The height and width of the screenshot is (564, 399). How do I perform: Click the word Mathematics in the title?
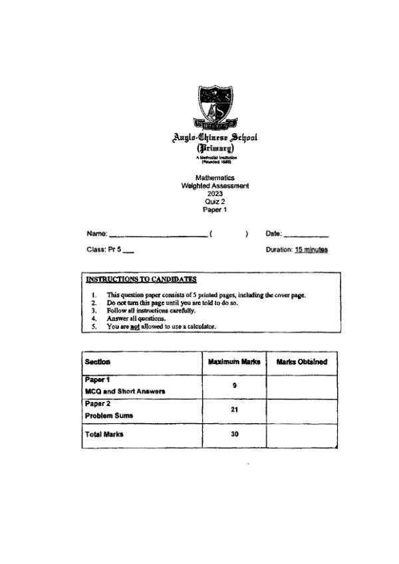click(214, 179)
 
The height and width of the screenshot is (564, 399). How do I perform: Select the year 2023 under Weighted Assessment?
click(214, 193)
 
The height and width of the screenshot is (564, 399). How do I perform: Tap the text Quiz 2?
click(214, 201)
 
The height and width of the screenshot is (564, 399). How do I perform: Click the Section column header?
click(98, 362)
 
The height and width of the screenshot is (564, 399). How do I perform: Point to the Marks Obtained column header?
click(301, 362)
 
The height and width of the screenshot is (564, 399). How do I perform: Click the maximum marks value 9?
click(233, 386)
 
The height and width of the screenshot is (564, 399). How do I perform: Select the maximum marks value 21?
click(233, 410)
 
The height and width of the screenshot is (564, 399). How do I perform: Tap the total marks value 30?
click(233, 434)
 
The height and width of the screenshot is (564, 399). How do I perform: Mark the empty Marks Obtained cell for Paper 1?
click(301, 386)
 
